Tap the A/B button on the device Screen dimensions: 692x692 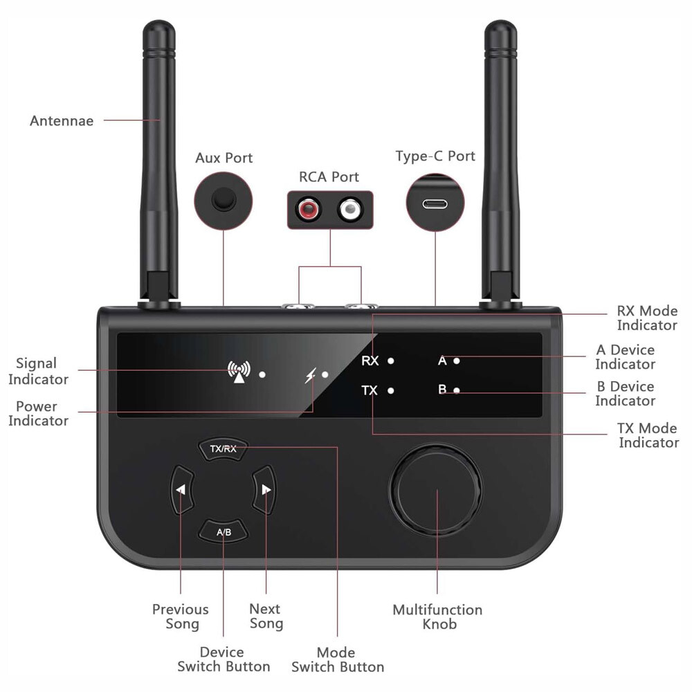pyautogui.click(x=224, y=531)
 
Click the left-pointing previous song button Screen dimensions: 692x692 pyautogui.click(x=180, y=490)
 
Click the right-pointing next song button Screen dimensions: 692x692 pyautogui.click(x=265, y=490)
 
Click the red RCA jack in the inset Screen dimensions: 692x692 pyautogui.click(x=308, y=208)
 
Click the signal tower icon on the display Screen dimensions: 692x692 pyautogui.click(x=238, y=372)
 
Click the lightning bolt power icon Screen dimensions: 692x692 pyautogui.click(x=311, y=374)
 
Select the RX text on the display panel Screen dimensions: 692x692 pyautogui.click(x=370, y=361)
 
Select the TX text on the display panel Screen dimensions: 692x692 pyautogui.click(x=370, y=390)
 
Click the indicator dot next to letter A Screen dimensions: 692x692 pyautogui.click(x=457, y=361)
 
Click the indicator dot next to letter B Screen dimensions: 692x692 pyautogui.click(x=457, y=390)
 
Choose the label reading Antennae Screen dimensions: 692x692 pyautogui.click(x=62, y=121)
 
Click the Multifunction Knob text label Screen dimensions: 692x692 pyautogui.click(x=437, y=617)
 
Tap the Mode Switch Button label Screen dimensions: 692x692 pyautogui.click(x=337, y=659)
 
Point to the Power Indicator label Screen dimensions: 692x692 pyautogui.click(x=38, y=413)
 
